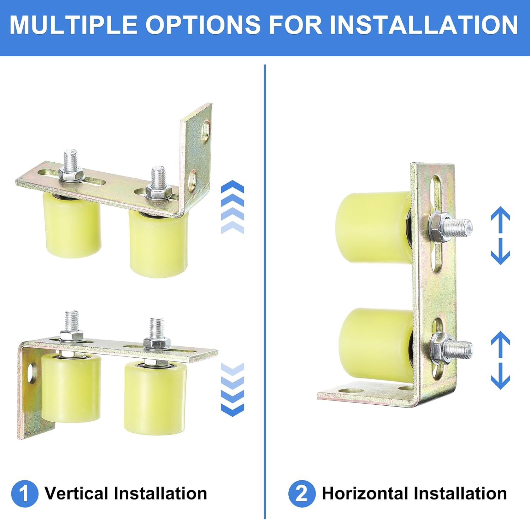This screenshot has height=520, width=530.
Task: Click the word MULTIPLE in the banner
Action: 73,25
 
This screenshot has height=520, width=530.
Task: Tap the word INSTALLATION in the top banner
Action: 424,25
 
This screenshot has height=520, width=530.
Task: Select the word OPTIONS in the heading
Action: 203,25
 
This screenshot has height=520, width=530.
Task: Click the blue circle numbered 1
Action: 24,493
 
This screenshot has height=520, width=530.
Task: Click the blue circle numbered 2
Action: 301,493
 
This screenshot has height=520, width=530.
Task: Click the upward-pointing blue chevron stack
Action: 232,207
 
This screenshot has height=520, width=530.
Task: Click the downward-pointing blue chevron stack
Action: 232,389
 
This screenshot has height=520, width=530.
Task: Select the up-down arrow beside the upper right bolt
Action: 500,235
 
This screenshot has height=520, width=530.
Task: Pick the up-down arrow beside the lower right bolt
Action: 500,360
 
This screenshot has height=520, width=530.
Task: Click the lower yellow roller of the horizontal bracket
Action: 375,345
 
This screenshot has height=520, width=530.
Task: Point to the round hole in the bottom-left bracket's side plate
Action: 32,373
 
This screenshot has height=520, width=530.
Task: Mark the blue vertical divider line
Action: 265,283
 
